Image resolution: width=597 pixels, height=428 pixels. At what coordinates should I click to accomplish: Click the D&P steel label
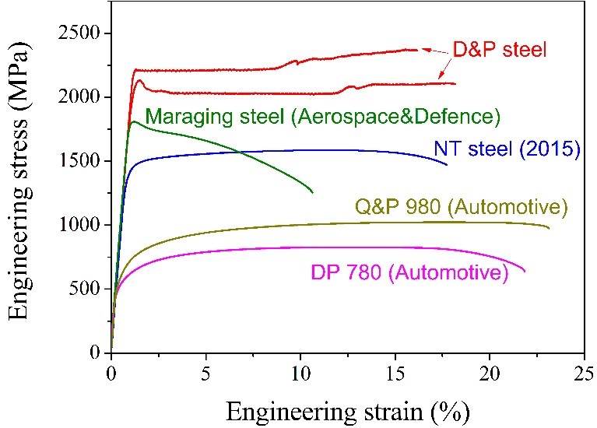(500, 50)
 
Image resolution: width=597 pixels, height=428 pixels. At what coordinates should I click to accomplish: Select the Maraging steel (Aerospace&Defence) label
(322, 117)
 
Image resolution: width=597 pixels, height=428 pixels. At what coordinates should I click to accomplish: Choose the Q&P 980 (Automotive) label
(461, 208)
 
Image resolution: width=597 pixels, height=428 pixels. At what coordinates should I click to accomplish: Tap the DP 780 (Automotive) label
(409, 272)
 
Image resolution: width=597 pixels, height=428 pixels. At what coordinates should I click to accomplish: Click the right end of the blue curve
(447, 164)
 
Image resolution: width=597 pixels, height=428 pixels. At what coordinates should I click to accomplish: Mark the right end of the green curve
(313, 192)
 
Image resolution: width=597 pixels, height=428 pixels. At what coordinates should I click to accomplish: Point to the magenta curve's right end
(525, 272)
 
